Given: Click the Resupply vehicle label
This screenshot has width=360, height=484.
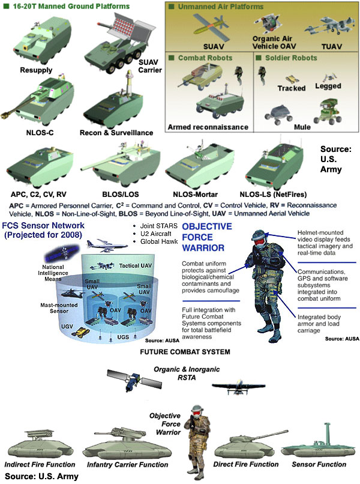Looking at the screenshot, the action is pyautogui.click(x=36, y=70).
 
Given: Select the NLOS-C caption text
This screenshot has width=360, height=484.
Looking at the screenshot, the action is pyautogui.click(x=40, y=133).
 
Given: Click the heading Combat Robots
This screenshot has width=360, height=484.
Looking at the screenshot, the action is pyautogui.click(x=205, y=58).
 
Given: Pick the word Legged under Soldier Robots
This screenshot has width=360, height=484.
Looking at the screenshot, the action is pyautogui.click(x=328, y=86).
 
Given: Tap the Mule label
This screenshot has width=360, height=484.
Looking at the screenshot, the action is pyautogui.click(x=302, y=127).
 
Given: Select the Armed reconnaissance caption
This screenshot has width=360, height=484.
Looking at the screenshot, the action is pyautogui.click(x=208, y=127).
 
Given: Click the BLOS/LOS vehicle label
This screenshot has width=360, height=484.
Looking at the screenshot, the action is pyautogui.click(x=121, y=195).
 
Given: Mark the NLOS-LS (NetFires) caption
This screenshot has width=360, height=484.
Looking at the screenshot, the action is pyautogui.click(x=274, y=195).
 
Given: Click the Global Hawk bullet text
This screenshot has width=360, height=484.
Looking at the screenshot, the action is pyautogui.click(x=159, y=241).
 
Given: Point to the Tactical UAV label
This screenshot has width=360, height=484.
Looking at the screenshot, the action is pyautogui.click(x=136, y=266).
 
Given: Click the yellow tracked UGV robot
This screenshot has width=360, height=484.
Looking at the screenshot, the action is pyautogui.click(x=80, y=333).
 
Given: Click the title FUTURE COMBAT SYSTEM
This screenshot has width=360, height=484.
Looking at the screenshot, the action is pyautogui.click(x=185, y=352).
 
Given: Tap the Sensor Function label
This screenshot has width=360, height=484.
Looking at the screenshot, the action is pyautogui.click(x=319, y=464).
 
